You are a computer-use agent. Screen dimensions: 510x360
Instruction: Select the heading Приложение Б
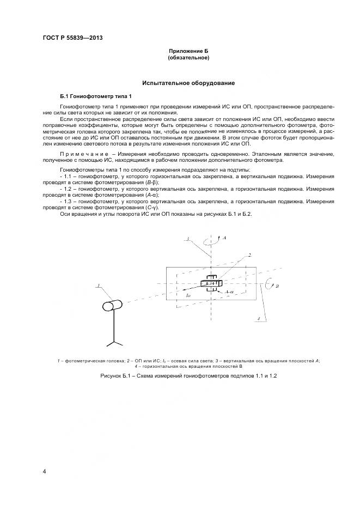pyautogui.click(x=188, y=51)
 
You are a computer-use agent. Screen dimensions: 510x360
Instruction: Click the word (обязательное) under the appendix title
pyautogui.click(x=188, y=57)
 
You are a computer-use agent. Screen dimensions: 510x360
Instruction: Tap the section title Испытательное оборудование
pyautogui.click(x=188, y=83)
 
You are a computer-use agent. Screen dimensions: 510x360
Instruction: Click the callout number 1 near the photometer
pyautogui.click(x=97, y=286)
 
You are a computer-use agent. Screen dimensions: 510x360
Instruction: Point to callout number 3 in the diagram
pyautogui.click(x=187, y=239)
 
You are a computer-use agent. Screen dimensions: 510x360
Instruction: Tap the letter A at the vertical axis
pyautogui.click(x=224, y=238)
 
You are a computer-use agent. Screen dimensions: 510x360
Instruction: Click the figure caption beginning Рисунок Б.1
pyautogui.click(x=188, y=376)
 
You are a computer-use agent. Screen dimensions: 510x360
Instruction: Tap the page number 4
pyautogui.click(x=44, y=470)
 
